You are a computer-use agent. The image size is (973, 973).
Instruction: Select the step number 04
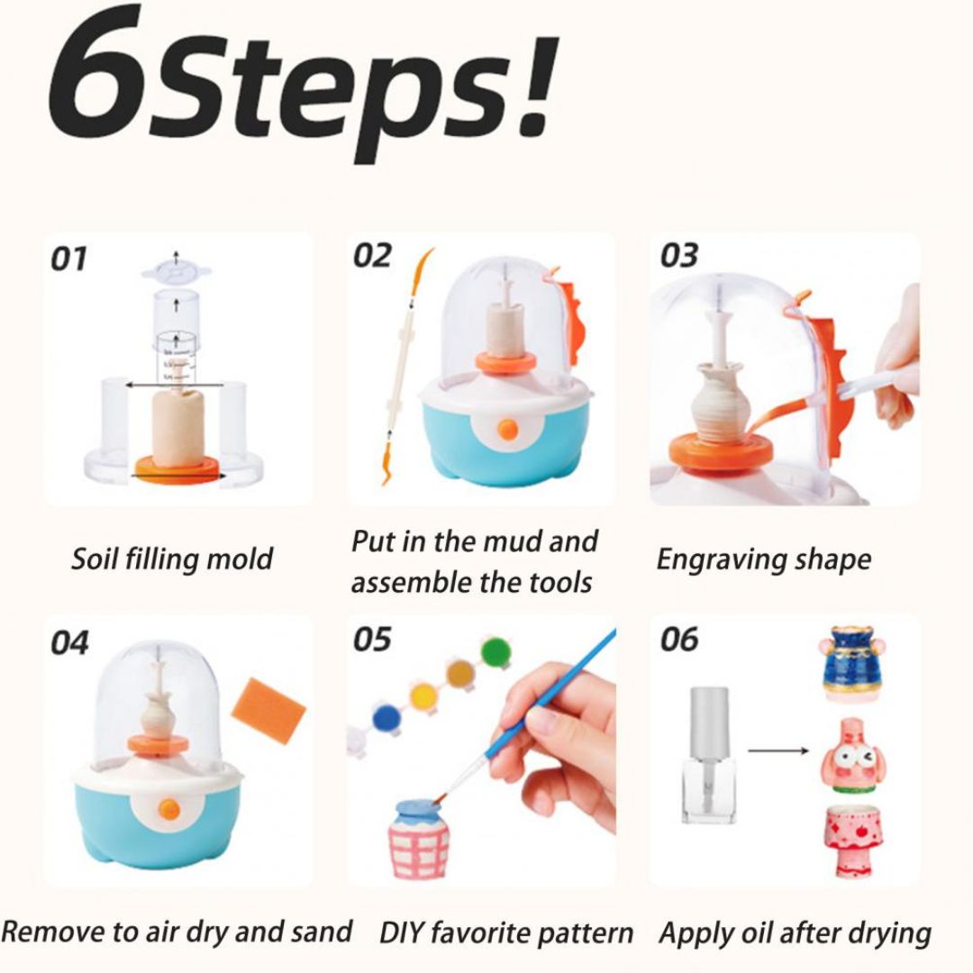tap(69, 643)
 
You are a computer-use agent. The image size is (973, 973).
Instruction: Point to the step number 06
tap(678, 640)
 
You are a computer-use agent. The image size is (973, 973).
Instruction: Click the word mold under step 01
tap(239, 559)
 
